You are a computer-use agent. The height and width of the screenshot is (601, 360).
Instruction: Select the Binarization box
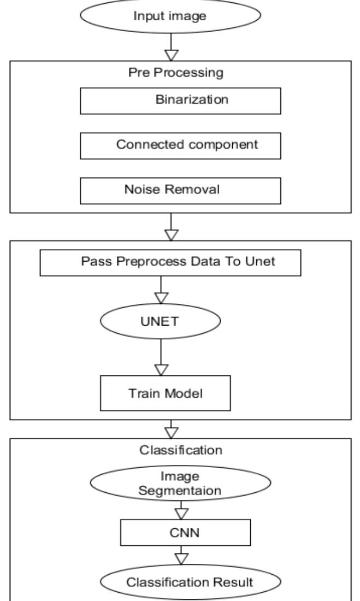point(180,100)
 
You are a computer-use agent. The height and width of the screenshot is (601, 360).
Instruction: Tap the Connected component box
point(180,146)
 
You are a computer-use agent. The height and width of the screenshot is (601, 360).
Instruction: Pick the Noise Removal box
point(180,191)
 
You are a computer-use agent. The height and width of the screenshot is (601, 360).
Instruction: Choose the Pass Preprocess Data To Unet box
point(170,263)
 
